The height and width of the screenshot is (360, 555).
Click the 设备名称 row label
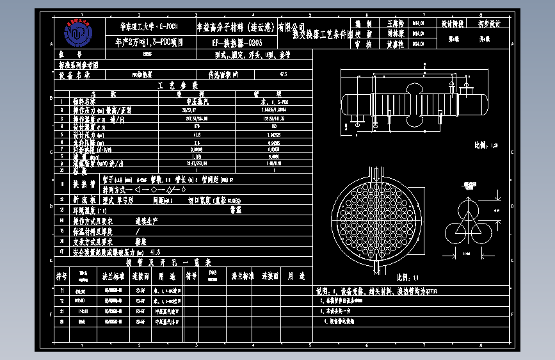[x=74, y=75]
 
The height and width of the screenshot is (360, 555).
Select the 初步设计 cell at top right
[x=489, y=23]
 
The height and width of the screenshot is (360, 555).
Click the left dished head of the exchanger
[x=348, y=104]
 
